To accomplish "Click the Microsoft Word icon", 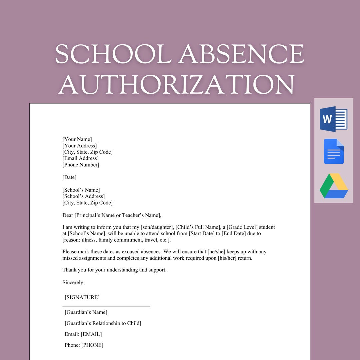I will coord(333,119).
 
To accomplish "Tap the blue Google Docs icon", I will coord(334,151).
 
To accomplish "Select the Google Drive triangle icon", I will coord(334,186).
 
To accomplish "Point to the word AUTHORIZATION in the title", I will coord(176,84).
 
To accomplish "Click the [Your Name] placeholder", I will coord(77,139).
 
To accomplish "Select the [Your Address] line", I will coord(79,146).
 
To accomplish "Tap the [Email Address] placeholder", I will coord(80,158).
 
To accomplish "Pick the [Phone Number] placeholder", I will coord(81,165).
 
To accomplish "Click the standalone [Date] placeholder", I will coord(69,177).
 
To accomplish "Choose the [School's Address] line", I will coord(83,196).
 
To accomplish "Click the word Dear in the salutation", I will coord(68,215).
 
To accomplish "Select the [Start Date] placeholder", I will coord(202,234).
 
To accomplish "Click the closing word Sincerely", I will coord(73,283).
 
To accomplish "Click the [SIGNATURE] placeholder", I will coord(82,297).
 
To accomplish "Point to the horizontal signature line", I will coord(106,306).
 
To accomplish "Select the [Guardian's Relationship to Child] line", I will coord(103,323).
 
